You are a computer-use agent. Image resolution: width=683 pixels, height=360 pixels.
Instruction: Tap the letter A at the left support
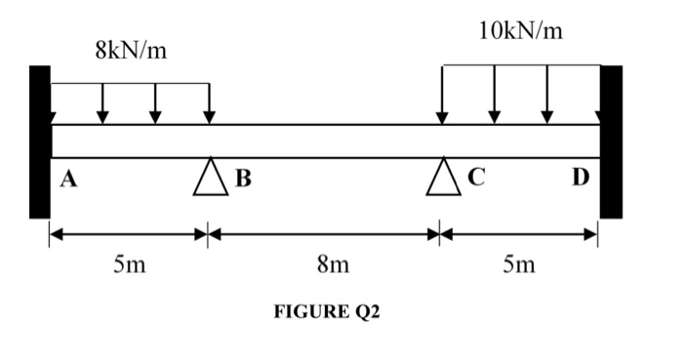coord(68,177)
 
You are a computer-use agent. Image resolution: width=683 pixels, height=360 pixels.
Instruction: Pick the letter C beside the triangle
coord(476,178)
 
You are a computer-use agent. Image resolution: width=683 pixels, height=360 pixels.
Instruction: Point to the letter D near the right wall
coord(581,178)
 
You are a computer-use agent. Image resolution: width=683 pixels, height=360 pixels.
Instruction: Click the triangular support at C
coord(442,178)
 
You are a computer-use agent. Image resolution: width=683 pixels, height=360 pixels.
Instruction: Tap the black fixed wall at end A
coord(39,141)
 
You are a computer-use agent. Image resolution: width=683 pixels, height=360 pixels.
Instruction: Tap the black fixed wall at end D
coord(611,141)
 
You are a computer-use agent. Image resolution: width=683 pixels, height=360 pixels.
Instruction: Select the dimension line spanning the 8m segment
coord(324,234)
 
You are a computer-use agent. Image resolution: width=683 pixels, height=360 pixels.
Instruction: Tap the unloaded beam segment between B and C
coord(326,140)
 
